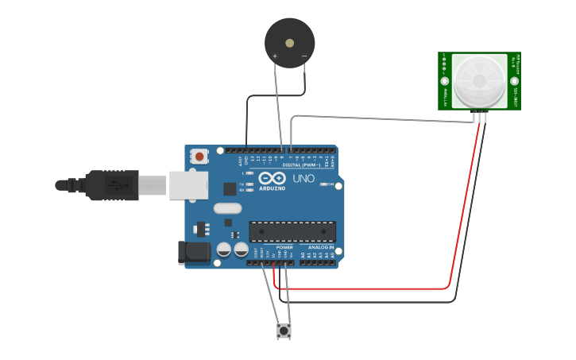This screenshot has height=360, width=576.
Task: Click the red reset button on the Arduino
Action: [x=198, y=157]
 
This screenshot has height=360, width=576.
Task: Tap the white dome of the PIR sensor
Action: [x=479, y=80]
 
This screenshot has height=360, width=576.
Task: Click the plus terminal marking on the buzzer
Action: [x=275, y=56]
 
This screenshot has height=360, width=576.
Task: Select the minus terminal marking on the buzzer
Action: [x=303, y=56]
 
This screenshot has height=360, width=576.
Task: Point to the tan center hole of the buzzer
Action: [x=289, y=43]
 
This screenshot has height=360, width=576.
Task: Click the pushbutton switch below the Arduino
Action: [x=284, y=331]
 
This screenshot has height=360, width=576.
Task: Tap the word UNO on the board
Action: [x=304, y=178]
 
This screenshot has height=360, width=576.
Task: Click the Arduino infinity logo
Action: [x=272, y=178]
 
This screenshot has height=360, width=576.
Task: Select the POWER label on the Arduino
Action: [x=284, y=247]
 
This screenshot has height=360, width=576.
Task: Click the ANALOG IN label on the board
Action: [x=322, y=247]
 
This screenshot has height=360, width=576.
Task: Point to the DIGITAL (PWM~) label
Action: [x=306, y=165]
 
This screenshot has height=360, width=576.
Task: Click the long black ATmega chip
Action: [x=292, y=231]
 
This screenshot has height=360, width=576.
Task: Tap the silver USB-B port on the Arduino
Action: [x=187, y=185]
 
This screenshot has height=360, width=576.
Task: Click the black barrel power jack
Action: [x=194, y=253]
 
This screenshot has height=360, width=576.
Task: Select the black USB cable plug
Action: [x=110, y=185]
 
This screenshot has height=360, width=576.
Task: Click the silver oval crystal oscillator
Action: [x=226, y=209]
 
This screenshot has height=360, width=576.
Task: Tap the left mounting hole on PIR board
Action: [x=445, y=81]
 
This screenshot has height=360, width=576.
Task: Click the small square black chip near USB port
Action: [x=230, y=188]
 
